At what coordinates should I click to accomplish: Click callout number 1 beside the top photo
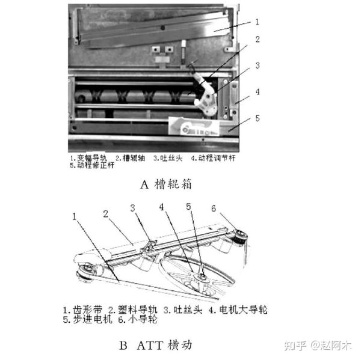pos(256,22)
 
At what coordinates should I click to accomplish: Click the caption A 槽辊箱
pos(166,185)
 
